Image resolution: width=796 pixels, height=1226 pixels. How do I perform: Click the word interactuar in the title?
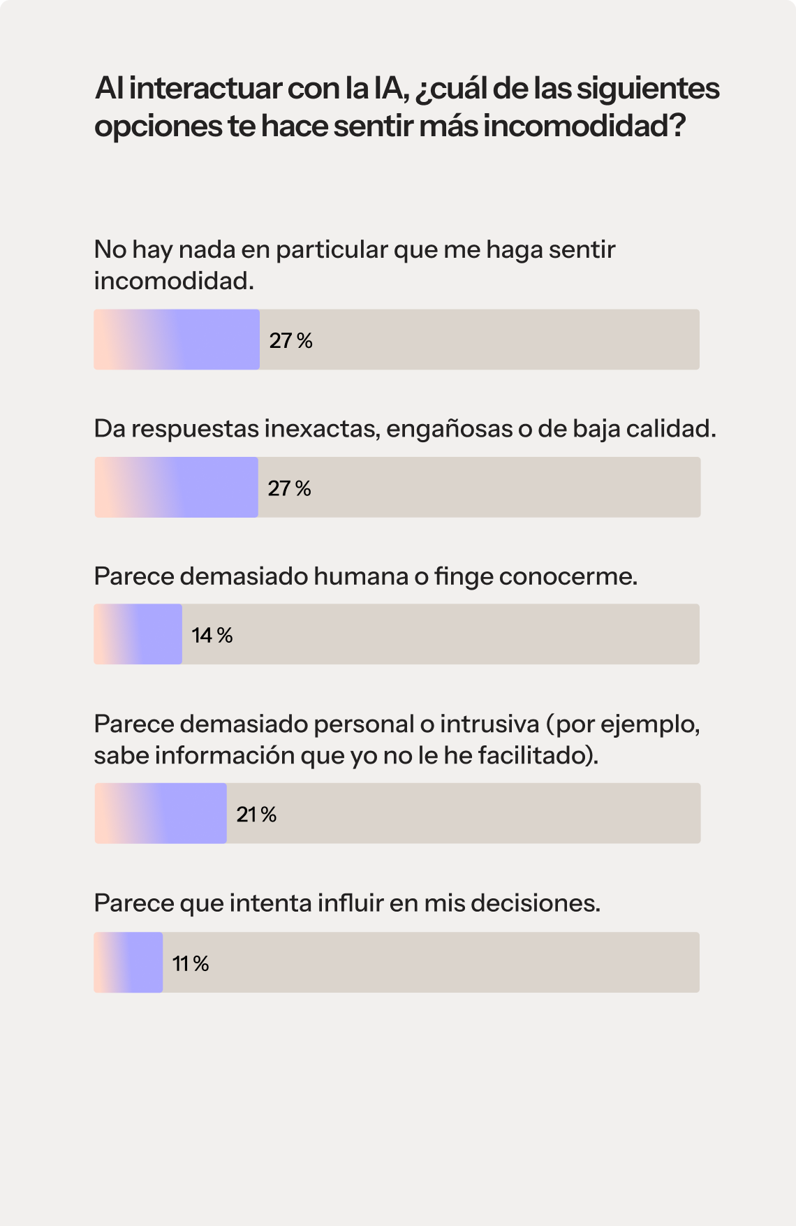pos(205,89)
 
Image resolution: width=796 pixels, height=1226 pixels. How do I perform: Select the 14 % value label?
pos(212,635)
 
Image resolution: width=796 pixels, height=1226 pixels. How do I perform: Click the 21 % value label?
pos(256,815)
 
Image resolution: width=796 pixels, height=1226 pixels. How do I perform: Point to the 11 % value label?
pos(191,964)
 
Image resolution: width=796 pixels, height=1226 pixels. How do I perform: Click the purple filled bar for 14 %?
pos(138,634)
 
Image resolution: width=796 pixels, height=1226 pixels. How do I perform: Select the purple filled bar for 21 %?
pos(161,813)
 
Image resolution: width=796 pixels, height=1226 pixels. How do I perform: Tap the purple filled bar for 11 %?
pos(128,963)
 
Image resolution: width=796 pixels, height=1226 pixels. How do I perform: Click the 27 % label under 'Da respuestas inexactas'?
pos(289,488)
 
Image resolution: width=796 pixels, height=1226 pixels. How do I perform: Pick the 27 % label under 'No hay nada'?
pos(290,341)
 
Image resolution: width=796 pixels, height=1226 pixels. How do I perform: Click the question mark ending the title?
pos(675,126)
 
